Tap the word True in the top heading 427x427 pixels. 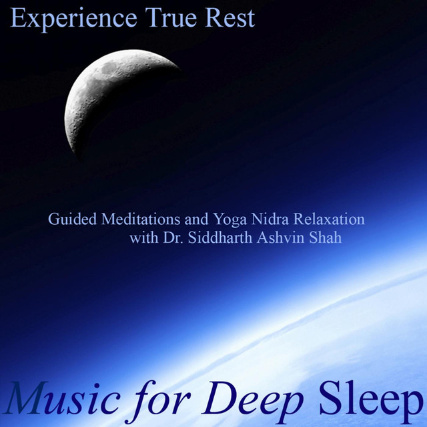tap(171, 18)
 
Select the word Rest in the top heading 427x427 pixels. tap(230, 18)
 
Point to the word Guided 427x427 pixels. tap(73, 219)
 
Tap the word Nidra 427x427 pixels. tap(270, 219)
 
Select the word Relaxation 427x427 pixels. tap(329, 219)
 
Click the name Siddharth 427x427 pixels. tap(220, 238)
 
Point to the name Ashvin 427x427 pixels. tap(280, 238)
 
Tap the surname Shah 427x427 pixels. tap(325, 238)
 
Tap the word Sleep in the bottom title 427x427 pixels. tap(370, 402)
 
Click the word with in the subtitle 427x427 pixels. tap(144, 238)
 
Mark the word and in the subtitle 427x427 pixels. tap(197, 219)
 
